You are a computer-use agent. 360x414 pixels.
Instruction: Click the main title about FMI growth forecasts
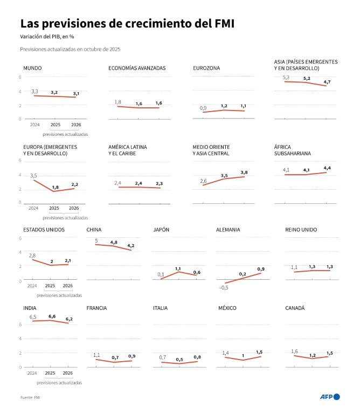pyautogui.click(x=127, y=24)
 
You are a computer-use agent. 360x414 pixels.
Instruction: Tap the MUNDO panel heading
pyautogui.click(x=33, y=68)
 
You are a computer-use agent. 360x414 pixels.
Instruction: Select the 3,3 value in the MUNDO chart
pyautogui.click(x=34, y=91)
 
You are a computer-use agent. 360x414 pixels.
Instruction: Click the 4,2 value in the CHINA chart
pyautogui.click(x=130, y=246)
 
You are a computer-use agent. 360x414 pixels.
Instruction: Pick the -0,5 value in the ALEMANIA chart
pyautogui.click(x=224, y=287)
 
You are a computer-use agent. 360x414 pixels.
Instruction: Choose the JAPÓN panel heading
pyautogui.click(x=162, y=230)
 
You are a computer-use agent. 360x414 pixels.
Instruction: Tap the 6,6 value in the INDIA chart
pyautogui.click(x=52, y=316)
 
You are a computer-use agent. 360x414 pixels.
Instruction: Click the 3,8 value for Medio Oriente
pyautogui.click(x=244, y=172)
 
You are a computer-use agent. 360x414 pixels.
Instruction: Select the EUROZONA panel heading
pyautogui.click(x=206, y=68)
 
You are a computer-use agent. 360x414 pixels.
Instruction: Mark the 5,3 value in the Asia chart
pyautogui.click(x=286, y=77)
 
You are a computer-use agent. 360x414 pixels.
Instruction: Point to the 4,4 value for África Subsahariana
pyautogui.click(x=327, y=168)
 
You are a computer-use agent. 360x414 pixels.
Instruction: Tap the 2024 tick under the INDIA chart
pyautogui.click(x=32, y=373)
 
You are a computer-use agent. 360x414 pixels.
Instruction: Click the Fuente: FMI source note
pyautogui.click(x=31, y=397)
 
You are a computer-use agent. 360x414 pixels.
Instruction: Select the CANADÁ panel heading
pyautogui.click(x=295, y=308)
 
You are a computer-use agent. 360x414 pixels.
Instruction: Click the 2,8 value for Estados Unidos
pyautogui.click(x=32, y=256)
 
